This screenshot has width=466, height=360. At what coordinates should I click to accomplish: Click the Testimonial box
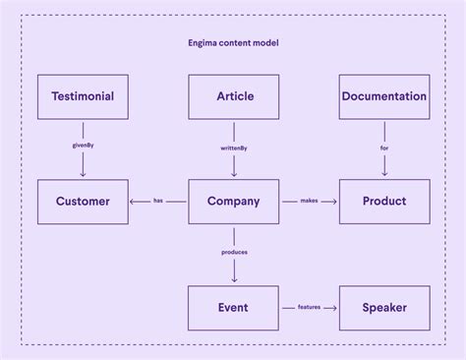(x=83, y=96)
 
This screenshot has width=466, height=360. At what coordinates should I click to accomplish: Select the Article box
(x=234, y=96)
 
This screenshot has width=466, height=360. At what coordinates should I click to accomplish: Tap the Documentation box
(x=383, y=96)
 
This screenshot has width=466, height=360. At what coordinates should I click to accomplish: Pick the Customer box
(x=83, y=202)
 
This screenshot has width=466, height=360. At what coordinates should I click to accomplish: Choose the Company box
(x=234, y=202)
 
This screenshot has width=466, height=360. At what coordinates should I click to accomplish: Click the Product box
(x=383, y=202)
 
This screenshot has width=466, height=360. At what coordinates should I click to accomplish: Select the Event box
(x=234, y=308)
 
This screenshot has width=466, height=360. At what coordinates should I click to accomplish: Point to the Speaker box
(x=383, y=308)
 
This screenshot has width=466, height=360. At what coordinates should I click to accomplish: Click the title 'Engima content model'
(x=233, y=43)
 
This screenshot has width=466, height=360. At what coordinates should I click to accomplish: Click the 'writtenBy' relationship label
(x=234, y=149)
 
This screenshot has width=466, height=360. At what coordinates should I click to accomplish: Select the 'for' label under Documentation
(x=383, y=149)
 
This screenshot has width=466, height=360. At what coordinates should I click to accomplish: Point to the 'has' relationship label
(x=158, y=202)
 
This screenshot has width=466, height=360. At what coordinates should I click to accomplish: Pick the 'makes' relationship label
(x=309, y=202)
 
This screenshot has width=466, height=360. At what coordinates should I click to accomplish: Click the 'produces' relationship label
(x=234, y=253)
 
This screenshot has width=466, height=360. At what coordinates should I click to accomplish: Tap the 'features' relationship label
(x=309, y=308)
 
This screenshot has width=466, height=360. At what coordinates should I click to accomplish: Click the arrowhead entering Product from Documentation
(x=383, y=175)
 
